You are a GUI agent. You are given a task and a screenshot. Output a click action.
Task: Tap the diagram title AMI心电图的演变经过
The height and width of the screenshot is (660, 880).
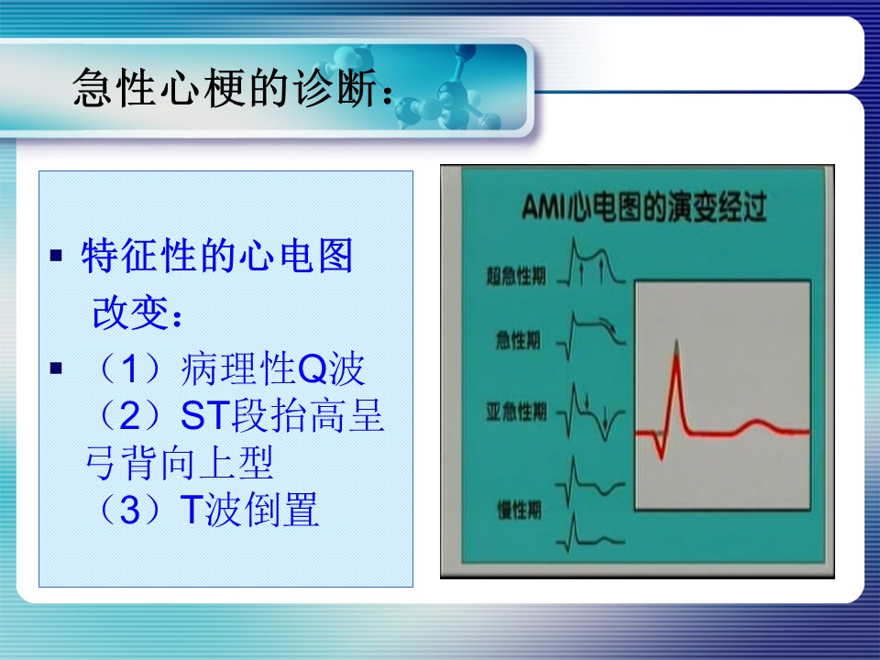tap(643, 206)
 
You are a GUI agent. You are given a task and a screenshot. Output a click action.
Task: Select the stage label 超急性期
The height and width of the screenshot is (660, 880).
tap(516, 276)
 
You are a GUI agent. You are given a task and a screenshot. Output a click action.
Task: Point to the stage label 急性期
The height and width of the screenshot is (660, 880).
tap(518, 339)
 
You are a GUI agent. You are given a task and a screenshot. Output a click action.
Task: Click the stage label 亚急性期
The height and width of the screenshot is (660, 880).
tap(516, 412)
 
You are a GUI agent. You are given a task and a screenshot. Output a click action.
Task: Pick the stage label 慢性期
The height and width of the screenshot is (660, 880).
tap(519, 510)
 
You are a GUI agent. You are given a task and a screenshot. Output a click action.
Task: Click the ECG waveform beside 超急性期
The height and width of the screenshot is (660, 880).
tap(591, 262)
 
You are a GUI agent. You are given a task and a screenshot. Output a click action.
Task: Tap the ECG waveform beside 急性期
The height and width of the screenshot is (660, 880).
tap(591, 335)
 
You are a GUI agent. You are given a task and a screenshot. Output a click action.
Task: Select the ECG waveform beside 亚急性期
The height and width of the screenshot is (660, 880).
tap(591, 411)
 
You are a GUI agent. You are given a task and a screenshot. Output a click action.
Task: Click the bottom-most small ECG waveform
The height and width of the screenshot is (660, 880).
tap(590, 533)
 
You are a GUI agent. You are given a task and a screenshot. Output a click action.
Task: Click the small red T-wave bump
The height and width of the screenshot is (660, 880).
tap(756, 426)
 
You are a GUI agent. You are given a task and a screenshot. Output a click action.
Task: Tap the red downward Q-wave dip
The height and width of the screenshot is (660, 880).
tap(661, 446)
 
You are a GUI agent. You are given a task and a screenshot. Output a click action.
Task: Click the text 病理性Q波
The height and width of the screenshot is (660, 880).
tap(272, 368)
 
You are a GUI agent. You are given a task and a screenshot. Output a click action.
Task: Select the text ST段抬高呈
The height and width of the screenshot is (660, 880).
tap(282, 415)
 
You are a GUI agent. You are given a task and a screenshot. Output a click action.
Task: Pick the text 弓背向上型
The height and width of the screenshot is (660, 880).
tap(180, 462)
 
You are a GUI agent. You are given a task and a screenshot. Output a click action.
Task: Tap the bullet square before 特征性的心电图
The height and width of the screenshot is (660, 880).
tap(56, 256)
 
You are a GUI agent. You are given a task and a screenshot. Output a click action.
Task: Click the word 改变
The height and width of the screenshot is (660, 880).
tap(131, 313)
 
